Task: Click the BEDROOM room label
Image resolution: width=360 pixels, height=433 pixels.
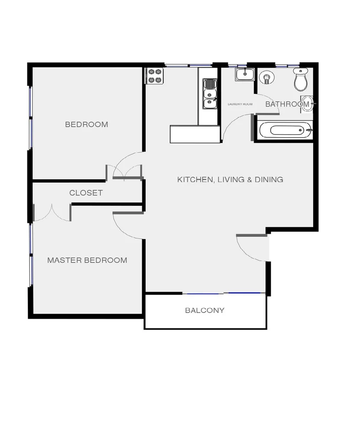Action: pyautogui.click(x=86, y=125)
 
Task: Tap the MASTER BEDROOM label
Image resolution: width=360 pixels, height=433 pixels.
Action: pyautogui.click(x=87, y=260)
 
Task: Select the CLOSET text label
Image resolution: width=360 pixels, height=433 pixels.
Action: pyautogui.click(x=86, y=193)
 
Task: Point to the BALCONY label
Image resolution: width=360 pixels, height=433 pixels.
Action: pyautogui.click(x=205, y=310)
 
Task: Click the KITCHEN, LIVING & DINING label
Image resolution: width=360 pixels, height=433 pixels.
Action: pyautogui.click(x=230, y=179)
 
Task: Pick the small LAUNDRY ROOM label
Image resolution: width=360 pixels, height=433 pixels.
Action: pyautogui.click(x=240, y=104)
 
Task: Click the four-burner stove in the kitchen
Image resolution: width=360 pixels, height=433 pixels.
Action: pyautogui.click(x=155, y=76)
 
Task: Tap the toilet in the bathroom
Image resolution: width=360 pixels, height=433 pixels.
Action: pyautogui.click(x=301, y=80)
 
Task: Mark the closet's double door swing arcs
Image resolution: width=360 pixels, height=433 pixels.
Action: pyautogui.click(x=52, y=213)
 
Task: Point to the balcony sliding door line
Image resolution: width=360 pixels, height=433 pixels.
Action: pyautogui.click(x=223, y=294)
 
